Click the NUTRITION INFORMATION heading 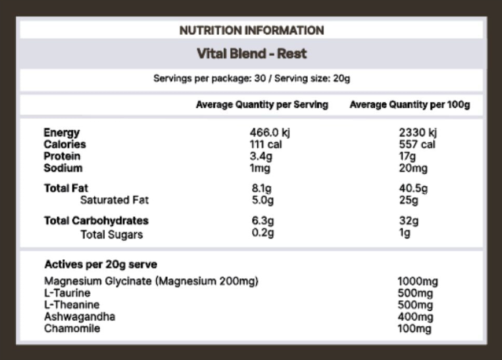tap(252, 30)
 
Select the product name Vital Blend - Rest tap(252, 54)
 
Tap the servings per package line tap(252, 78)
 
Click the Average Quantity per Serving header tap(262, 105)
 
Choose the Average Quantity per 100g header tap(409, 105)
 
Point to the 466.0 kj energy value tap(270, 133)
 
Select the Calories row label tap(65, 144)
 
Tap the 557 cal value tap(417, 144)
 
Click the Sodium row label tap(63, 168)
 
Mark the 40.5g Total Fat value tap(413, 188)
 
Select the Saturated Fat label tap(115, 200)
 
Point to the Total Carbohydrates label tap(96, 221)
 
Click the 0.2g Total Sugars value tap(263, 233)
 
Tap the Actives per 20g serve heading tap(101, 265)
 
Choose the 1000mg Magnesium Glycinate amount tap(418, 282)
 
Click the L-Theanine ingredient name tap(72, 305)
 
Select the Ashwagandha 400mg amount tap(415, 317)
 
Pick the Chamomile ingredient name tap(72, 329)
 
